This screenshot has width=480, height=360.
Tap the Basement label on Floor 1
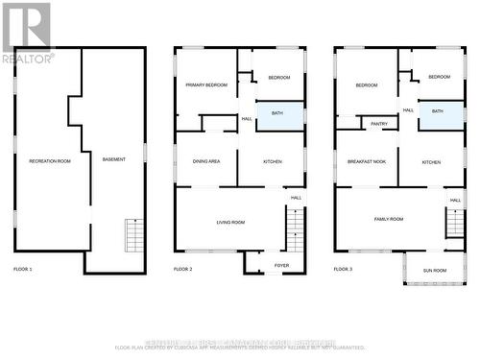click(x=113, y=158)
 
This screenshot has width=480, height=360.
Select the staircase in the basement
click(x=133, y=234)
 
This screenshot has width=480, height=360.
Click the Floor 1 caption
click(x=23, y=270)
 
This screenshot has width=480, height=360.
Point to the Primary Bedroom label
click(x=206, y=85)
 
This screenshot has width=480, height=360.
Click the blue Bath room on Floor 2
click(x=277, y=113)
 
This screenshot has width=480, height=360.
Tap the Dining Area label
click(x=206, y=161)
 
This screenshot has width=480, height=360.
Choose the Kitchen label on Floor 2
click(x=273, y=161)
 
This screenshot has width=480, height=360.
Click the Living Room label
click(x=230, y=222)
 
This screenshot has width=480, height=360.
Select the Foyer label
click(x=281, y=265)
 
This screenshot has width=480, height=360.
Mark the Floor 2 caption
click(x=183, y=270)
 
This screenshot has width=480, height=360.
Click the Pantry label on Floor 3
click(x=379, y=123)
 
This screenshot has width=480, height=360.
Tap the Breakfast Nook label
click(x=366, y=162)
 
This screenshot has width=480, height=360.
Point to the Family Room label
click(x=389, y=219)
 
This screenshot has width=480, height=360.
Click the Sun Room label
click(x=435, y=271)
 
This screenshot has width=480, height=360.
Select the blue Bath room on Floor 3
click(x=438, y=111)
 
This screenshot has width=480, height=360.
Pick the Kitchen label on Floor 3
click(x=432, y=162)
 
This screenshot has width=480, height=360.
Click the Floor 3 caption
click(x=344, y=270)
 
